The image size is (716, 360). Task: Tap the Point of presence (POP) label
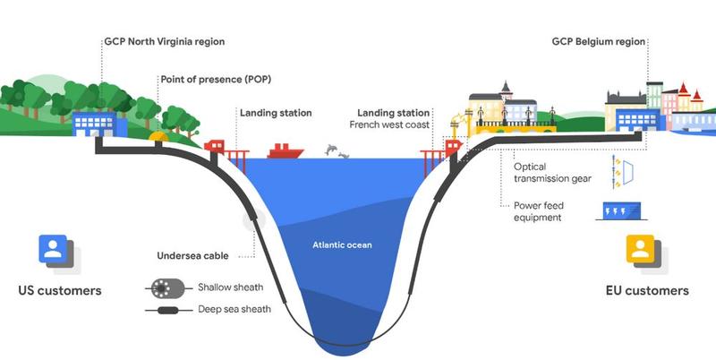[x=216, y=80]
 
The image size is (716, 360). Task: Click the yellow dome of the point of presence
[x=161, y=136]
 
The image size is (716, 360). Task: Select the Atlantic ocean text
[x=342, y=244]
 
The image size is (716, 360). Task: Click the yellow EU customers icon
[x=640, y=250]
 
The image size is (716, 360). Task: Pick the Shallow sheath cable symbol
[x=167, y=288]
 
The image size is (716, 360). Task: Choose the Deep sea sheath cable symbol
[x=167, y=311]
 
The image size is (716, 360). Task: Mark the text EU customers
[x=645, y=291]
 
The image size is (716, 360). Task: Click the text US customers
[x=60, y=291]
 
